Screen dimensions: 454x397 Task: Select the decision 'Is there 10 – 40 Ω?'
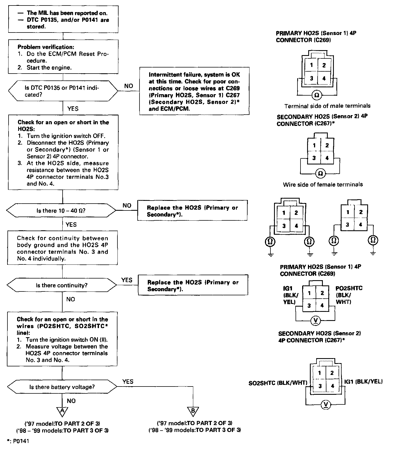coord(61,211)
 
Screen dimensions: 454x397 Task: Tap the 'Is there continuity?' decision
coord(62,285)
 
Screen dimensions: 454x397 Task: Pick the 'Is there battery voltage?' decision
coord(62,387)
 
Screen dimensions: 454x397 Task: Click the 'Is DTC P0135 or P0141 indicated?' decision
coord(63,91)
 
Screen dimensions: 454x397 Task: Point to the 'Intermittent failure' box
coord(194,91)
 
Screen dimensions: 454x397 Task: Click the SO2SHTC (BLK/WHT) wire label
coord(278,383)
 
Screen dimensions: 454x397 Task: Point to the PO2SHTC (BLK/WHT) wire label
coord(349,295)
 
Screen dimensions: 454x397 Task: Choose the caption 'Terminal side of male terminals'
coord(327,106)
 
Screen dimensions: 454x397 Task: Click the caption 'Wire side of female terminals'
coord(323,185)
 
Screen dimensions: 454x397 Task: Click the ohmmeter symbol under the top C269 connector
coord(316,95)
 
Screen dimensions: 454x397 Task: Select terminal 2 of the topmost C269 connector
coord(324,65)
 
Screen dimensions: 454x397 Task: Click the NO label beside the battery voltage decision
coord(71,401)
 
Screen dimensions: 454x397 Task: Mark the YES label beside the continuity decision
coord(127,280)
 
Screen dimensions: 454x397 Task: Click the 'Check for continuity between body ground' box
coord(63,248)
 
